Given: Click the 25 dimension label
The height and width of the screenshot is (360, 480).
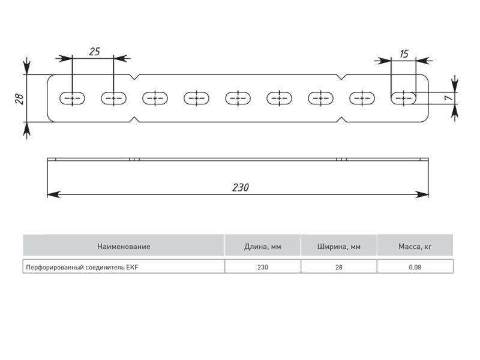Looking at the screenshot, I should pyautogui.click(x=94, y=52).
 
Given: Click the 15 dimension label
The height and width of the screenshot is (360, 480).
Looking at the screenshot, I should pyautogui.click(x=403, y=54).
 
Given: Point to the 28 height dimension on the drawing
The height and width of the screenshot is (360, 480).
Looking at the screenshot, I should pyautogui.click(x=18, y=98).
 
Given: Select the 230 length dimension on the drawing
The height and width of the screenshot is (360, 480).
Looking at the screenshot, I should pyautogui.click(x=240, y=187).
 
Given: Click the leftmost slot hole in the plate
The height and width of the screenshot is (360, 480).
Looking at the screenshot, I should pyautogui.click(x=73, y=98).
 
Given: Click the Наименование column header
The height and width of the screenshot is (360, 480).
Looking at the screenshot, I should pyautogui.click(x=124, y=246).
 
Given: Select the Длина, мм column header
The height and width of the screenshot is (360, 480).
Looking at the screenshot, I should pyautogui.click(x=263, y=246).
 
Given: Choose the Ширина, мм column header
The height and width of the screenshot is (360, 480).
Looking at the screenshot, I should pyautogui.click(x=339, y=246).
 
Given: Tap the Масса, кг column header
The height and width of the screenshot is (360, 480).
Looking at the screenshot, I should pyautogui.click(x=415, y=246).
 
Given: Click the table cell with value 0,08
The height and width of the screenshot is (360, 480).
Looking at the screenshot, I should pyautogui.click(x=415, y=267).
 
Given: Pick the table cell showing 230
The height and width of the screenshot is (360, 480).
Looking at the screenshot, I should pyautogui.click(x=263, y=267).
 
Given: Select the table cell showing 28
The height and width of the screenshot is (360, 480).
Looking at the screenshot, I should pyautogui.click(x=339, y=267).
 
